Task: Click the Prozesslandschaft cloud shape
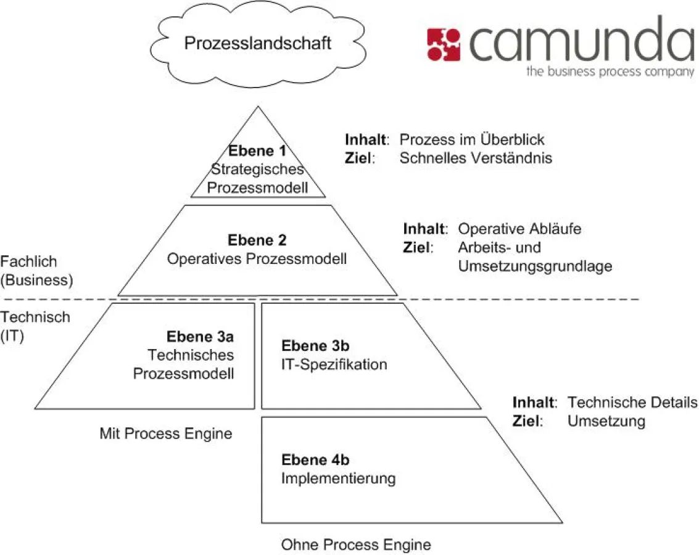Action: tap(258, 44)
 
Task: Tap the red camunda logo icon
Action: tap(443, 45)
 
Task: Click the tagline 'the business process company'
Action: tap(610, 72)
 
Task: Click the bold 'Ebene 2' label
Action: tap(257, 240)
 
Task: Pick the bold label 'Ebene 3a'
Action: tap(200, 337)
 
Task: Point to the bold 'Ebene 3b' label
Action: tap(315, 345)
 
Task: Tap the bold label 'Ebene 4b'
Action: tap(315, 460)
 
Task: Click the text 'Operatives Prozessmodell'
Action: tap(257, 259)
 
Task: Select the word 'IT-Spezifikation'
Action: tap(334, 364)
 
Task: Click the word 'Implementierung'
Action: tap(338, 479)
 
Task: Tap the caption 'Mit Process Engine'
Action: tap(166, 434)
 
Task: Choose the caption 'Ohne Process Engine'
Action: tap(356, 545)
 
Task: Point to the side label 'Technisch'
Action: tap(35, 318)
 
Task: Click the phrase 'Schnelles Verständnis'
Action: tap(476, 158)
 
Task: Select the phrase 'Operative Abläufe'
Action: tap(519, 229)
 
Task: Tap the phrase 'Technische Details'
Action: tap(632, 403)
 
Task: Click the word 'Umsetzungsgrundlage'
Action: tap(534, 266)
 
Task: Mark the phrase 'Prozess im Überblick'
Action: tap(472, 139)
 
